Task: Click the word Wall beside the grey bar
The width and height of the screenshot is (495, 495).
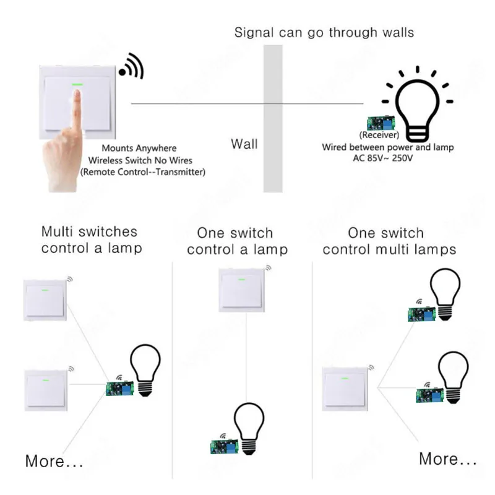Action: pos(244,144)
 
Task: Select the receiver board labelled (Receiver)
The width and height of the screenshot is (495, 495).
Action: pos(381,123)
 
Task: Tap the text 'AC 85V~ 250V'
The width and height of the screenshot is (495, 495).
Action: pos(382,158)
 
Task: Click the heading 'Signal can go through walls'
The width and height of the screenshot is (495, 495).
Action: pos(324,33)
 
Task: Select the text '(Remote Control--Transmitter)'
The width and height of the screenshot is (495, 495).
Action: pos(143,172)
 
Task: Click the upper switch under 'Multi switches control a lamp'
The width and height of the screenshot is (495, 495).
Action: pos(45,300)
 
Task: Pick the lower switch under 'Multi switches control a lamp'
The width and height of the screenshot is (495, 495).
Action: pos(46,390)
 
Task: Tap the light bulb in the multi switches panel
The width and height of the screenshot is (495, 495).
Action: pos(145,370)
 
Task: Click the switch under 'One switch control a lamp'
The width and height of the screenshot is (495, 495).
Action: pos(241,290)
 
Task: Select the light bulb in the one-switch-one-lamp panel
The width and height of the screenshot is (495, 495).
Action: pos(249,429)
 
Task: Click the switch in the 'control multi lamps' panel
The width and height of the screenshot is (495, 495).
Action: pos(345,389)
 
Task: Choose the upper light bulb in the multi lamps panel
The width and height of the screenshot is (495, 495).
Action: pos(445,295)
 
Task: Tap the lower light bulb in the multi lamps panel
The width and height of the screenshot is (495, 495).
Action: pos(453,377)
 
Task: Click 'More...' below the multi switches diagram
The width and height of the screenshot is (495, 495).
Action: pos(54,461)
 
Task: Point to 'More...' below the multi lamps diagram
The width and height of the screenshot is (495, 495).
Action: pos(447,458)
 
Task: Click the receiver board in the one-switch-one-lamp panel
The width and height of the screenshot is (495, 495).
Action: pos(225,446)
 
